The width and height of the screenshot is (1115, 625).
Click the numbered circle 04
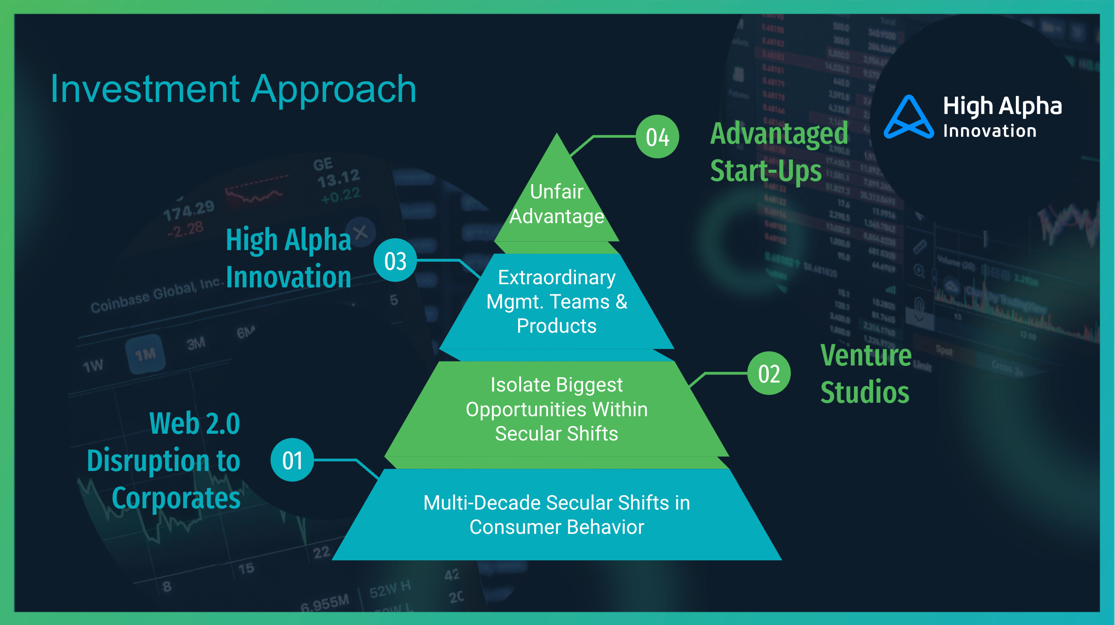click(x=657, y=136)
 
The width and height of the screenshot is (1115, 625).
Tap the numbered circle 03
click(x=395, y=260)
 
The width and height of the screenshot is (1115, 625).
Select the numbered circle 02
click(x=769, y=373)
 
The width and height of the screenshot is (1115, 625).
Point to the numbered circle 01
click(x=292, y=460)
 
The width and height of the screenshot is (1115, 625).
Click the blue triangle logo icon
click(x=909, y=118)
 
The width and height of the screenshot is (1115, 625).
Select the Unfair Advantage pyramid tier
click(x=557, y=204)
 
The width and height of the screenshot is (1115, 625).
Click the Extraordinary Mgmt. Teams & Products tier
click(x=557, y=302)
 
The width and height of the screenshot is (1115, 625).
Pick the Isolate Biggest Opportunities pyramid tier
click(x=557, y=409)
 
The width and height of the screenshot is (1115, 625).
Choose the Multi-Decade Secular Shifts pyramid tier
click(x=557, y=515)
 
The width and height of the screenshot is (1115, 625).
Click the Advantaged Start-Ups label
click(x=779, y=152)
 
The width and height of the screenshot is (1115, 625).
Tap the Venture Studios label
click(x=865, y=374)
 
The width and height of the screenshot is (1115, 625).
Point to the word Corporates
click(x=176, y=498)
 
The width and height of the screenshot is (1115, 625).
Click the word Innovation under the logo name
click(x=989, y=131)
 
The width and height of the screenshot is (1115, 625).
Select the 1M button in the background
click(x=146, y=355)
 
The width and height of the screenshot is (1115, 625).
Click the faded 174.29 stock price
click(x=188, y=210)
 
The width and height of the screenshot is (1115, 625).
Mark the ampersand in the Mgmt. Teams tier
click(x=621, y=302)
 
